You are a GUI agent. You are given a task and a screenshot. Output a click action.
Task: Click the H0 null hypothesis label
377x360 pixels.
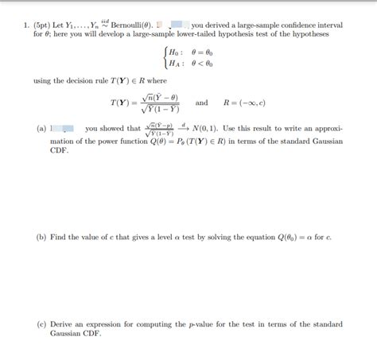coord(173,52)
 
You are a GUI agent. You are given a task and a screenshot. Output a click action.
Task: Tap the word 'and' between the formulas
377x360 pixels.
coord(201,103)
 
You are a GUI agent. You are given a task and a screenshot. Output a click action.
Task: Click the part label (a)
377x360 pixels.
coord(41,128)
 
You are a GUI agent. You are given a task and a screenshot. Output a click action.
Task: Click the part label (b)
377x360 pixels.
coord(41,237)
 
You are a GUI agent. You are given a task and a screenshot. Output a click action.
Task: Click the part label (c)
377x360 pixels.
coord(41,324)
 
